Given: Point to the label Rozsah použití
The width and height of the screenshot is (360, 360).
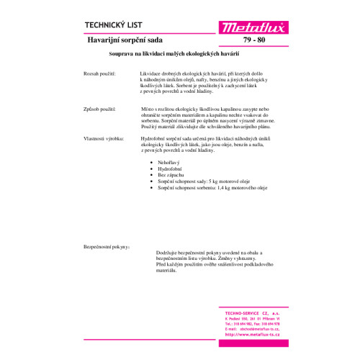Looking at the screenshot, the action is (100, 74).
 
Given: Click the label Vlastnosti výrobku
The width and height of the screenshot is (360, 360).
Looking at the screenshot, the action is (104, 136).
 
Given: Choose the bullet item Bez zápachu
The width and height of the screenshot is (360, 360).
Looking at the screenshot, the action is (163, 176).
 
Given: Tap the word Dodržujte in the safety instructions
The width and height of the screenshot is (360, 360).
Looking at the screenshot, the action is (168, 253).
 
